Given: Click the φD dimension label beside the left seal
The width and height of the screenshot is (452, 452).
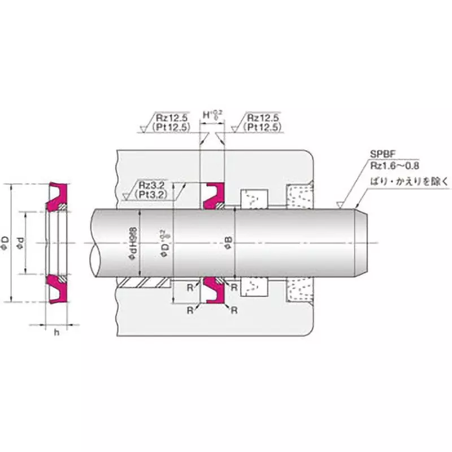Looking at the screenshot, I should pos(5,243).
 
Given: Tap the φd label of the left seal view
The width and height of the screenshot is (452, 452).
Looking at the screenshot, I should pos(21,243).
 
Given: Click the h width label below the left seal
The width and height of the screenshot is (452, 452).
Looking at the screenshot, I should pos(56,332).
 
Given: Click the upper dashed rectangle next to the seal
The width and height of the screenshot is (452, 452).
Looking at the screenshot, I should pos(253,198).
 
